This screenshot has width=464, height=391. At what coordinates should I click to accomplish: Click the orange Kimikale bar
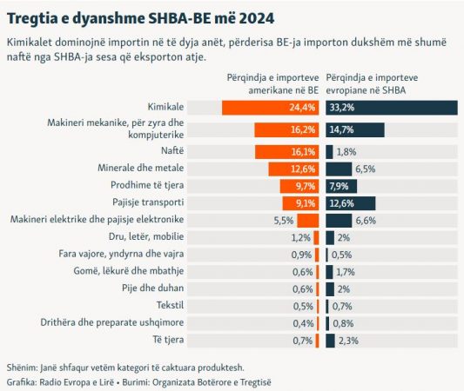point(271,108)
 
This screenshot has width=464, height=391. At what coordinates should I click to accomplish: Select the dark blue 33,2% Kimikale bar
point(392,108)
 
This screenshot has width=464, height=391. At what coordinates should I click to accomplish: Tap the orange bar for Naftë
point(287,152)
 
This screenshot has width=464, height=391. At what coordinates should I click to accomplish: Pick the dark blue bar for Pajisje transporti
point(351,203)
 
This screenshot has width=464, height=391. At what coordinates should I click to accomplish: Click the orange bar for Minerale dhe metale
point(294,169)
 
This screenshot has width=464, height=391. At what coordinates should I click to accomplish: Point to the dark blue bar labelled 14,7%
point(355,130)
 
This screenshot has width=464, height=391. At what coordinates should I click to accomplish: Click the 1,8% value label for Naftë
point(346,152)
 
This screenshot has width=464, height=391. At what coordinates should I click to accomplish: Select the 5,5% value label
point(284,221)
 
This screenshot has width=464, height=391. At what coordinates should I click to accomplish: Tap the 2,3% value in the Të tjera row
point(348,341)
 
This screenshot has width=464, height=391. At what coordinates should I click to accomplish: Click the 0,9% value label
point(301,255)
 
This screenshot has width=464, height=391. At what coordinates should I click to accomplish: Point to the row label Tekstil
point(170,305)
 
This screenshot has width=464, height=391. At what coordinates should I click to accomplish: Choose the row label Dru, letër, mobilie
point(146,236)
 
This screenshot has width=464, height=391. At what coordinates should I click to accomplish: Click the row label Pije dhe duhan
point(153,288)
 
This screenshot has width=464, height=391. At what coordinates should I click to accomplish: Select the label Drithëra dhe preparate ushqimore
point(112,322)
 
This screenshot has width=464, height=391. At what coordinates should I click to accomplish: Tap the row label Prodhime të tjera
point(147,185)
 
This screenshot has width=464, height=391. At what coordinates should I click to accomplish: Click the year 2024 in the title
point(257,18)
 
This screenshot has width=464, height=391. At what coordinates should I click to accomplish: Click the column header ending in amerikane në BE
point(272,84)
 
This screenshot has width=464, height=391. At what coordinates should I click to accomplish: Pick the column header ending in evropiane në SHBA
point(372,84)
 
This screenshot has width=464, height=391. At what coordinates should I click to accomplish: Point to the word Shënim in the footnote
point(22,368)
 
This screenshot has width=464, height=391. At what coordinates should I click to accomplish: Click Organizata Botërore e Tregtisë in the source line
point(212,382)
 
